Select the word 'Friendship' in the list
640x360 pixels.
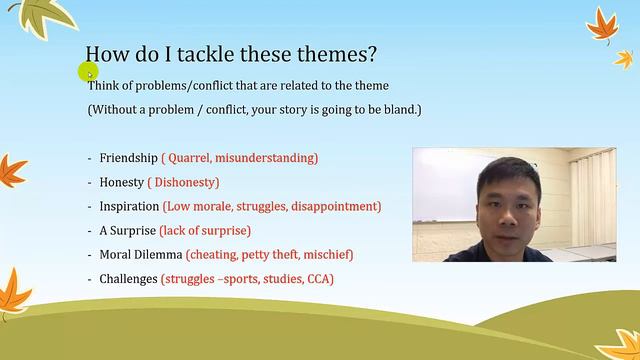point(129,158)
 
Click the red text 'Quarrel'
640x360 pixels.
point(190,158)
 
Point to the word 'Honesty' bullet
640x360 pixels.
point(122,182)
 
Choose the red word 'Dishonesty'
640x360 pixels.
point(183,182)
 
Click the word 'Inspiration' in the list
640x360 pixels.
point(129,206)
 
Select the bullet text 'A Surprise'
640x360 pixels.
point(128,230)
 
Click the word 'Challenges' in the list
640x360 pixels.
point(129,278)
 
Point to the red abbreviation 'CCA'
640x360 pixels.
point(319,278)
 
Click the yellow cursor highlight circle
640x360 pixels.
point(87,71)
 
